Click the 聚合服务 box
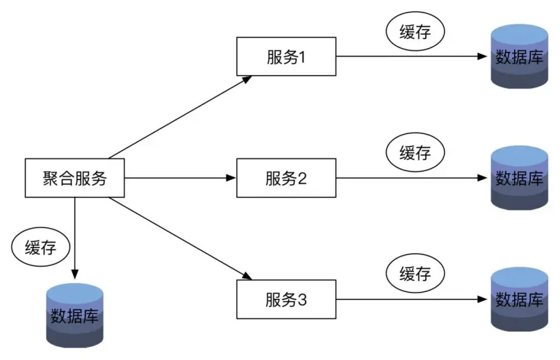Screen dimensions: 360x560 tap(74, 178)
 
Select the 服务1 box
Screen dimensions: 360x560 tap(286, 57)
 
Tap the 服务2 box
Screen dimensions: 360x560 tap(286, 178)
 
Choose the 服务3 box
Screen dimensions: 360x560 tap(286, 300)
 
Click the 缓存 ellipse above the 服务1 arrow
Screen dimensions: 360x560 tap(415, 32)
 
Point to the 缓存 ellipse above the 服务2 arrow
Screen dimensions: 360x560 tap(415, 152)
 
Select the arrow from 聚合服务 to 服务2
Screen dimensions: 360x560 tap(181, 178)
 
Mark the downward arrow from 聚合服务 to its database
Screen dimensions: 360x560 tap(74, 236)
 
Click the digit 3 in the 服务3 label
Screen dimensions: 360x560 tap(302, 300)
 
